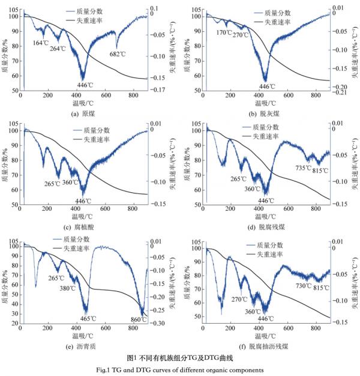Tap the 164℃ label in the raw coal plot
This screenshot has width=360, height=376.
point(41,43)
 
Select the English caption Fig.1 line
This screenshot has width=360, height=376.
point(179,369)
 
